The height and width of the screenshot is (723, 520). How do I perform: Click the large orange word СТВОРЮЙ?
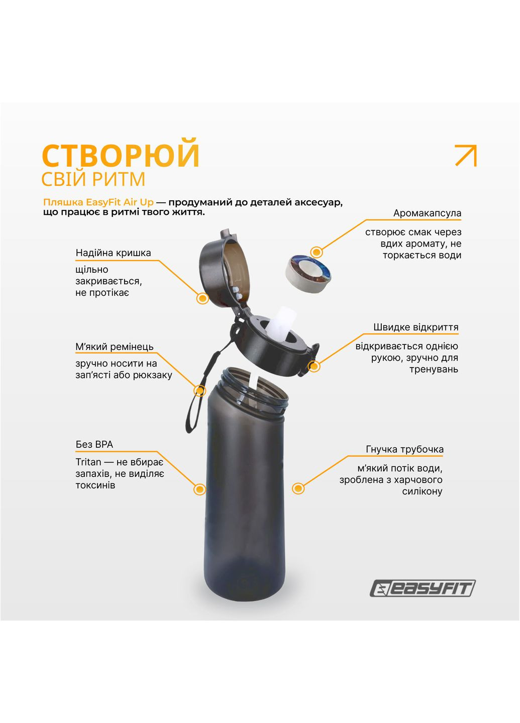click(x=121, y=155)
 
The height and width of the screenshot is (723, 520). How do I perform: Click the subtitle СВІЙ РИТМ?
click(x=93, y=179)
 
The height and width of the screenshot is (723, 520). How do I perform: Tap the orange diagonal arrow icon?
click(x=465, y=155)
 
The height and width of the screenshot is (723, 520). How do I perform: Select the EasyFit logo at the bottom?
click(x=422, y=588)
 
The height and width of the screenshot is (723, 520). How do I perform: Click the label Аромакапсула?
click(x=427, y=213)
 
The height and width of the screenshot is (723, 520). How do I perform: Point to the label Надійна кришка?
click(x=113, y=253)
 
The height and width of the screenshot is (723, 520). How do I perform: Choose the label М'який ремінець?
click(x=115, y=346)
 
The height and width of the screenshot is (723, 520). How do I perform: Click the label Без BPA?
click(x=94, y=444)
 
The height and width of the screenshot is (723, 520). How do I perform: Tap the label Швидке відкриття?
click(x=415, y=327)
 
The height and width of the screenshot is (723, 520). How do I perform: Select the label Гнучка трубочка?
click(x=404, y=449)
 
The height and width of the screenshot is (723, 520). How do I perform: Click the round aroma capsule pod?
click(x=308, y=273)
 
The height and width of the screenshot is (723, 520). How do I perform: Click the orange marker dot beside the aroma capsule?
click(x=317, y=252)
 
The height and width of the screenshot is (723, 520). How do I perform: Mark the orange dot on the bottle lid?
click(x=202, y=298)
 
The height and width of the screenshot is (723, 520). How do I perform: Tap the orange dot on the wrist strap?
click(x=200, y=391)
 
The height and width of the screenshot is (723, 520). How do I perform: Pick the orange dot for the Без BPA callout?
click(x=199, y=489)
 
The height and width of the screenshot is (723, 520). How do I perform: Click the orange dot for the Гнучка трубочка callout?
click(x=298, y=488)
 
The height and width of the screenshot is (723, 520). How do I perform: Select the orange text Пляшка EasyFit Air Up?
click(x=98, y=202)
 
